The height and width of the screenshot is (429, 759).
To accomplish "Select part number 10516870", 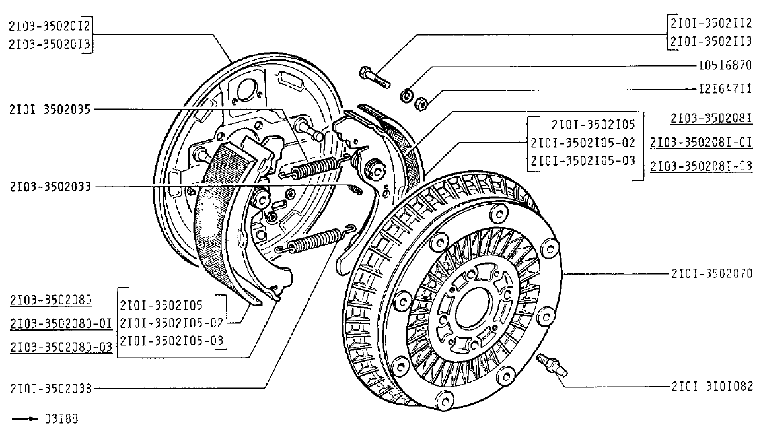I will point(725,67).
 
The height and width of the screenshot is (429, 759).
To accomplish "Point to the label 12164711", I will point(725,88).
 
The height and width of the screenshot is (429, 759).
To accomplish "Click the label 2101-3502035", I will point(50,110).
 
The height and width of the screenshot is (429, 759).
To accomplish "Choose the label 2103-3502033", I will point(50,187).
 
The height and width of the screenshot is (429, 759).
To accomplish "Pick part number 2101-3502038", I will point(50,389).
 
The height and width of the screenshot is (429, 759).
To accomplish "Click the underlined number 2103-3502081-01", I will point(702,142).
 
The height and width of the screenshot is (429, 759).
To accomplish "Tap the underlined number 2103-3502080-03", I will point(61,346).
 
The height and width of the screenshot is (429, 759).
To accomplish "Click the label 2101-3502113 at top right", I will point(711,42).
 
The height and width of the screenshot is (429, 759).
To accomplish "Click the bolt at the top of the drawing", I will point(374,78).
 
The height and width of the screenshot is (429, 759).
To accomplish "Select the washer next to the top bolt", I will point(405,96).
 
